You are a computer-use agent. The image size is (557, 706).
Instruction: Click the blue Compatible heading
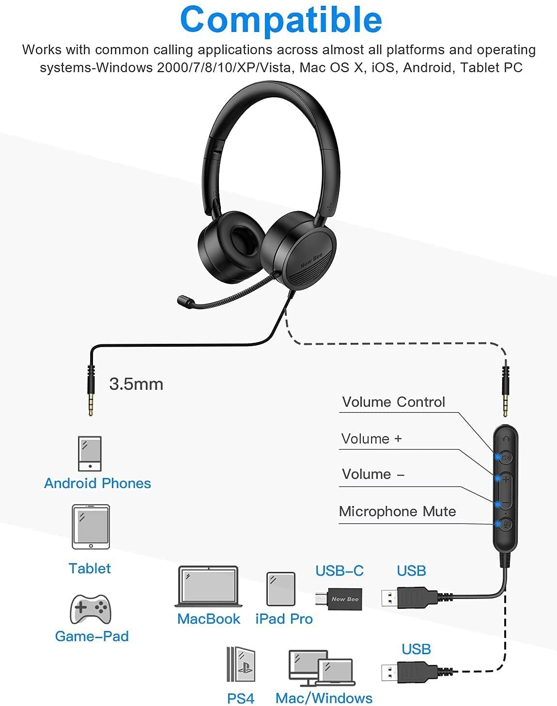[281, 20]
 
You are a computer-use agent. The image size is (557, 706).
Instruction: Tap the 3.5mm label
[136, 384]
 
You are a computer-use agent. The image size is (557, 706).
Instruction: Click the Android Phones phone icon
[90, 454]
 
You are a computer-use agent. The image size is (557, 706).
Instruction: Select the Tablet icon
[91, 527]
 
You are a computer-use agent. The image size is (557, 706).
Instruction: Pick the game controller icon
[91, 609]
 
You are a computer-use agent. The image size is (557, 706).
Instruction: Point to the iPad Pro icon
[281, 589]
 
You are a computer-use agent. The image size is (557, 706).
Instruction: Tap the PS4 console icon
[241, 664]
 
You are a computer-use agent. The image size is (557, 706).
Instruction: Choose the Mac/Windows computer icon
[322, 668]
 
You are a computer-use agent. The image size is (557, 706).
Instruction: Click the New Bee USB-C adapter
[339, 599]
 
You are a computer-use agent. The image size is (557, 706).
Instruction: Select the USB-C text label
[340, 571]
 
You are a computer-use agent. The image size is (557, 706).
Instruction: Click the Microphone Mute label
[398, 511]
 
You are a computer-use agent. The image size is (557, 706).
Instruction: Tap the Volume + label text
[371, 439]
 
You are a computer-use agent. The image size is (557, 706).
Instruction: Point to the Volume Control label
[394, 402]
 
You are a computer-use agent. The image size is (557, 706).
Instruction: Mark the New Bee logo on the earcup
[312, 260]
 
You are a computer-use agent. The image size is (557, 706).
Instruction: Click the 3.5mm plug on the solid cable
[91, 390]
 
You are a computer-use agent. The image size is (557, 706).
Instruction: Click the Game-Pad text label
[92, 636]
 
